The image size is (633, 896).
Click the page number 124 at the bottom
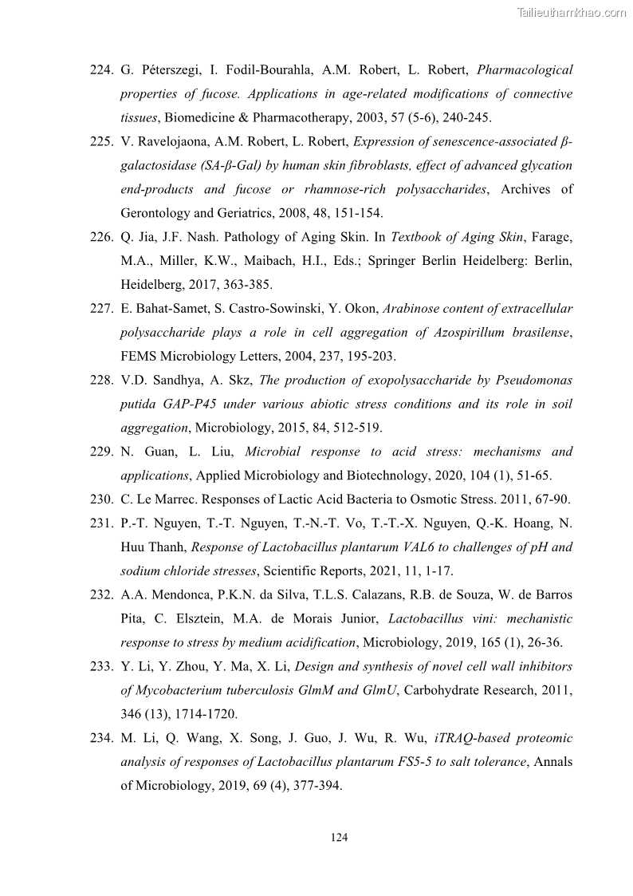(x=339, y=838)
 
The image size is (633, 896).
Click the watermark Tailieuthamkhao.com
(x=572, y=12)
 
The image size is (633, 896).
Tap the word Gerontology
(x=157, y=213)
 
